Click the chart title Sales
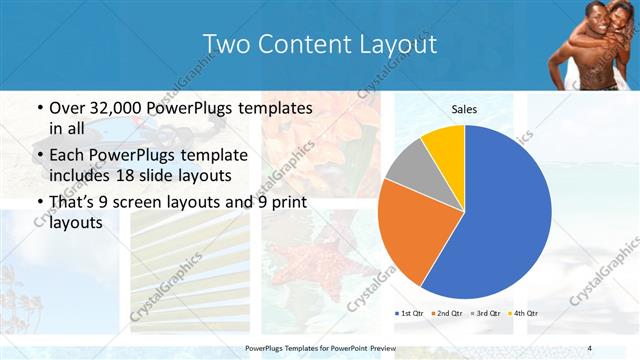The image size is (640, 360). pos(464,109)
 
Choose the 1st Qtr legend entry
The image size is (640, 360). pos(411,314)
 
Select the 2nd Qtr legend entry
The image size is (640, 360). pos(448,314)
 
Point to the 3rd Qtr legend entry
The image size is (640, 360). pos(486,314)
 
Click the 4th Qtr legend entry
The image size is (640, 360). pos(524,314)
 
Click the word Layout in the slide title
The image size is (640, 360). pos(391,44)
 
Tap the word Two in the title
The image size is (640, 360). pos(226,44)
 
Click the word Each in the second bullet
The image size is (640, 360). pos(66,156)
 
